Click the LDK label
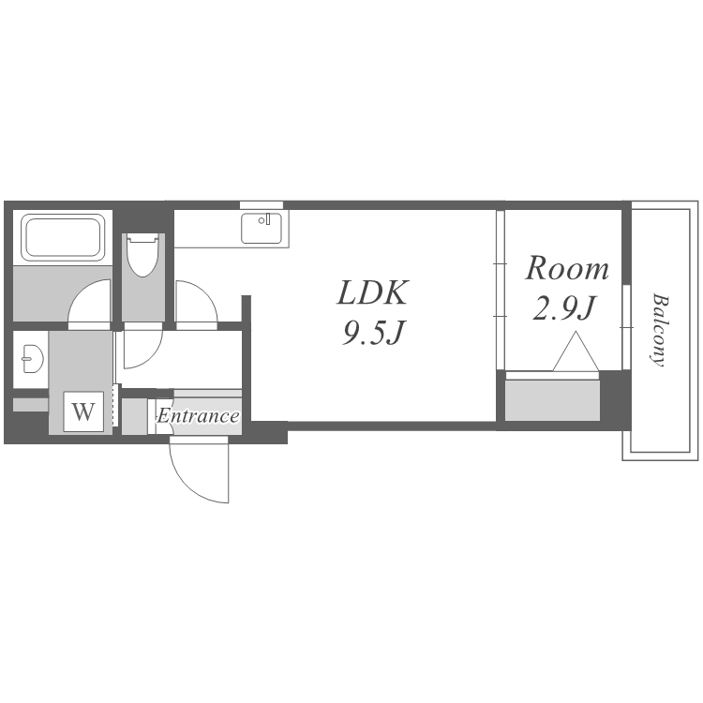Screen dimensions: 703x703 pyautogui.click(x=372, y=292)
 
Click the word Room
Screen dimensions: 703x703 pyautogui.click(x=567, y=269)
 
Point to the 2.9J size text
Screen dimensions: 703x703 pyautogui.click(x=563, y=308)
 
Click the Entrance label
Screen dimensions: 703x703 pyautogui.click(x=198, y=415)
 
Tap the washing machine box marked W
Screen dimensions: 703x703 pyautogui.click(x=83, y=411)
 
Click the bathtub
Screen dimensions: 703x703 pyautogui.click(x=63, y=237)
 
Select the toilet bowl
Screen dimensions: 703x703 pyautogui.click(x=142, y=255)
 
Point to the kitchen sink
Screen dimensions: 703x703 pyautogui.click(x=262, y=228)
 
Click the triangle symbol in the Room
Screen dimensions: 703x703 pyautogui.click(x=576, y=351)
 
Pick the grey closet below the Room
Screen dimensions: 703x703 pyautogui.click(x=552, y=400)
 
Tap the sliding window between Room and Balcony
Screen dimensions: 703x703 pyautogui.click(x=626, y=327)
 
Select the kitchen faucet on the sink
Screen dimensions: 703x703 pyautogui.click(x=268, y=218)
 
